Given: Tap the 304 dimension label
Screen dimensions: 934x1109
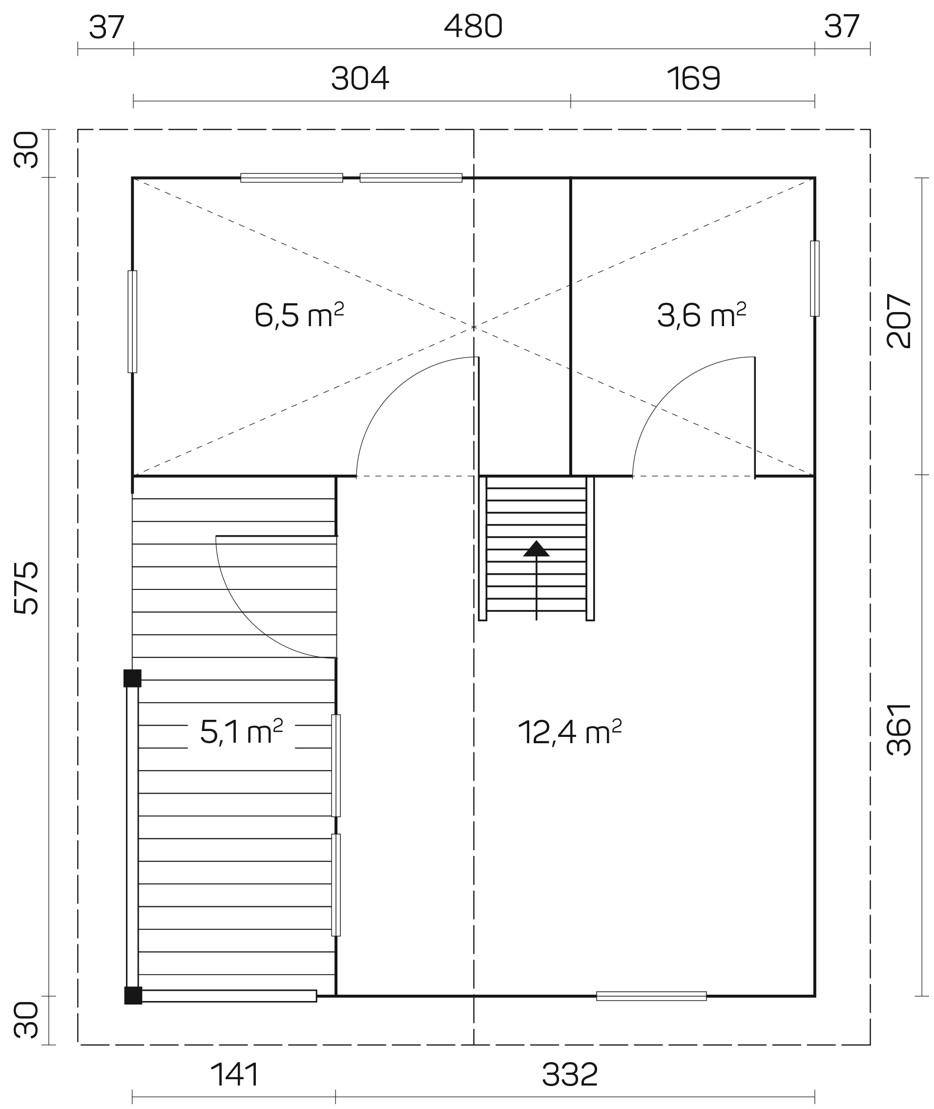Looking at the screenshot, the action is click(x=360, y=79).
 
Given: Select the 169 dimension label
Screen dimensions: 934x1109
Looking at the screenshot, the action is click(x=694, y=79).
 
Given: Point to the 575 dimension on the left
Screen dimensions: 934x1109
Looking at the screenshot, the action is click(x=26, y=588).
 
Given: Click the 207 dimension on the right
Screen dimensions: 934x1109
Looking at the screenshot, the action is click(x=898, y=321).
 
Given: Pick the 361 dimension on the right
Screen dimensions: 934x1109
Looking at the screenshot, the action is click(x=898, y=729).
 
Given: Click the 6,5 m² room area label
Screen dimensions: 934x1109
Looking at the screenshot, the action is click(x=299, y=315).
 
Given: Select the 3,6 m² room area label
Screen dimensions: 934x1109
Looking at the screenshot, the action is click(x=702, y=315).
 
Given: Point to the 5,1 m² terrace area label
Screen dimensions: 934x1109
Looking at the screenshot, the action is click(x=242, y=732).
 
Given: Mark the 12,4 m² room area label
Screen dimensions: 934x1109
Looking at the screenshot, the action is click(x=570, y=732).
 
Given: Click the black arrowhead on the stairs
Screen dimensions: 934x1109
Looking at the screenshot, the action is click(x=537, y=549).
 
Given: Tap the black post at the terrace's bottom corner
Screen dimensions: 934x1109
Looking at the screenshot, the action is click(x=133, y=996).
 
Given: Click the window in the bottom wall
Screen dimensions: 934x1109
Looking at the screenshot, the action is click(x=651, y=996).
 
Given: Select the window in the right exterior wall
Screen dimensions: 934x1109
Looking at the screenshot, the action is click(x=815, y=278).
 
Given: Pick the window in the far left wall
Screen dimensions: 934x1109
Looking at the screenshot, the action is click(x=132, y=322).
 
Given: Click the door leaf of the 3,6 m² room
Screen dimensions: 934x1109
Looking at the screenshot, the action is click(x=754, y=418).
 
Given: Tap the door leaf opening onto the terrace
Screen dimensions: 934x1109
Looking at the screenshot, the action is click(x=276, y=536).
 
